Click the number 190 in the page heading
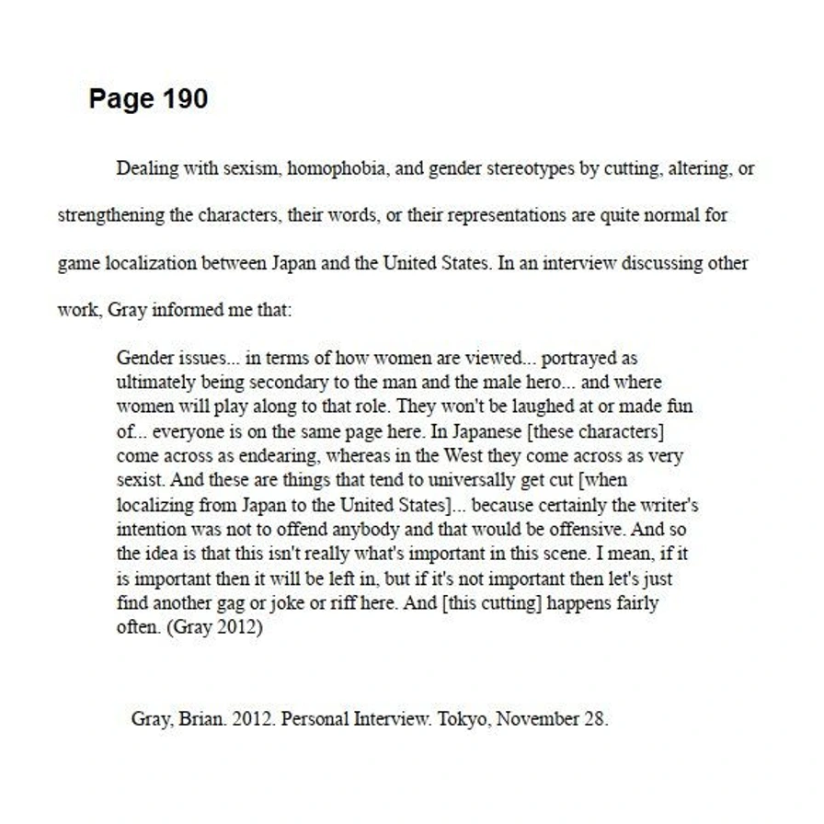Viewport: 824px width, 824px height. (x=185, y=99)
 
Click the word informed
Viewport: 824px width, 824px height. (x=179, y=310)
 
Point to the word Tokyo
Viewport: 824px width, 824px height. (x=461, y=719)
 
